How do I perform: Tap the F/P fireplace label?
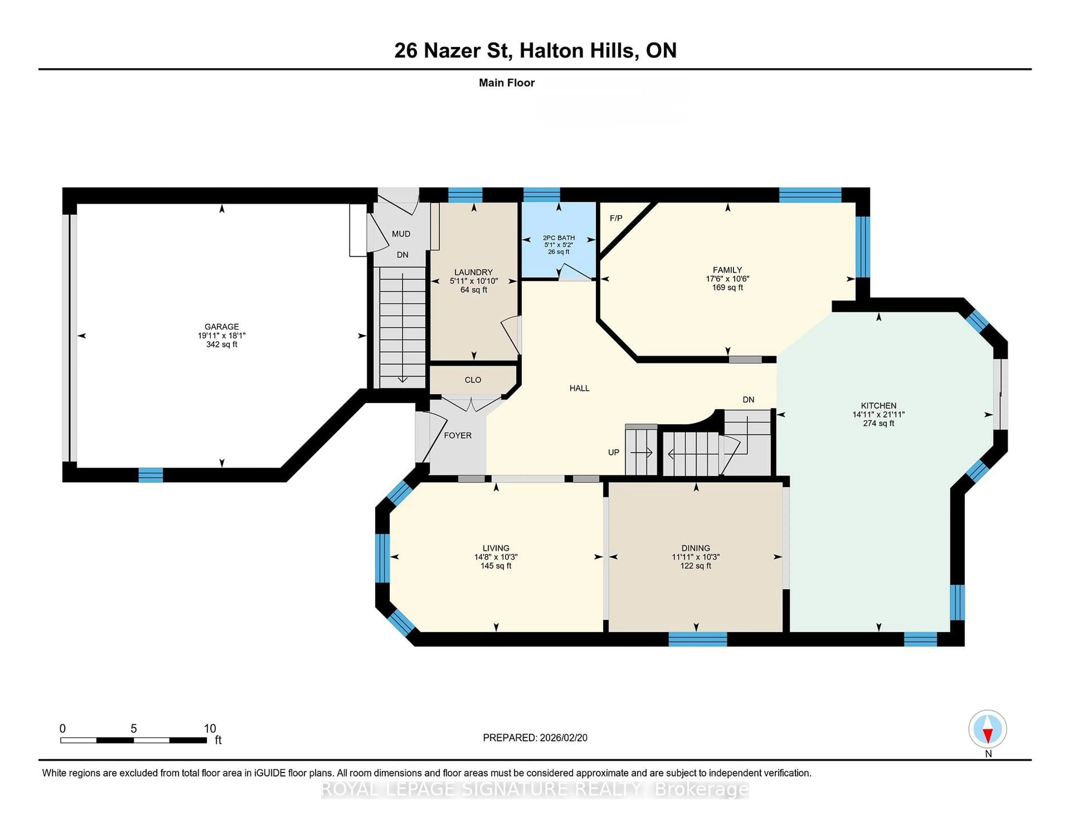[x=616, y=218]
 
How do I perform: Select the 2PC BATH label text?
[x=558, y=238]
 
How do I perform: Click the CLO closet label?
[x=473, y=380]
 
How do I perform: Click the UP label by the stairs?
[x=613, y=452]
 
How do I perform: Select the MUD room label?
[x=401, y=234]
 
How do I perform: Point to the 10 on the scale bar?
[x=210, y=729]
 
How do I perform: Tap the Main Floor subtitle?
[x=507, y=83]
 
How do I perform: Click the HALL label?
[x=579, y=388]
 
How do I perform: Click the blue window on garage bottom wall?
[x=150, y=475]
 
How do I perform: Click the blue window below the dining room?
[x=698, y=639]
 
